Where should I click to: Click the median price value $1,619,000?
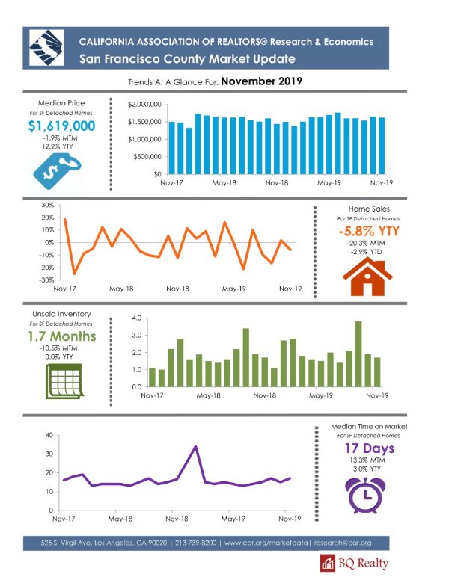point(61,126)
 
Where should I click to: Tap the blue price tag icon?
point(57,172)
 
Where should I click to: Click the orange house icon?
point(367,277)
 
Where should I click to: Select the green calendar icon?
point(64,381)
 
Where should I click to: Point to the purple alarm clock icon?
point(365,496)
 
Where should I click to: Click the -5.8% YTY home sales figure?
point(369,231)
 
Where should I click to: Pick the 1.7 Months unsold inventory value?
point(62,336)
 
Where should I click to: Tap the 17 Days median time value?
point(370,448)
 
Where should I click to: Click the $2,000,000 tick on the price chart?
point(144,105)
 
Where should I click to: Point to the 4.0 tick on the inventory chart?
point(137,318)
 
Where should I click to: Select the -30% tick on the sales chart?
point(46,280)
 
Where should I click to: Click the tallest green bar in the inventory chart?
point(358,354)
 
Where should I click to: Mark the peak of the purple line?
point(195,446)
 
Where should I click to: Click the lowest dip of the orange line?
point(74,274)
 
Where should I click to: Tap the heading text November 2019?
point(262,81)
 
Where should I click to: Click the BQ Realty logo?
point(354,563)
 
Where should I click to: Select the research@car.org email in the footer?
point(343,543)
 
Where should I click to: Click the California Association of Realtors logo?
point(46,48)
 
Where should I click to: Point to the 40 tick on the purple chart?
point(49,435)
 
